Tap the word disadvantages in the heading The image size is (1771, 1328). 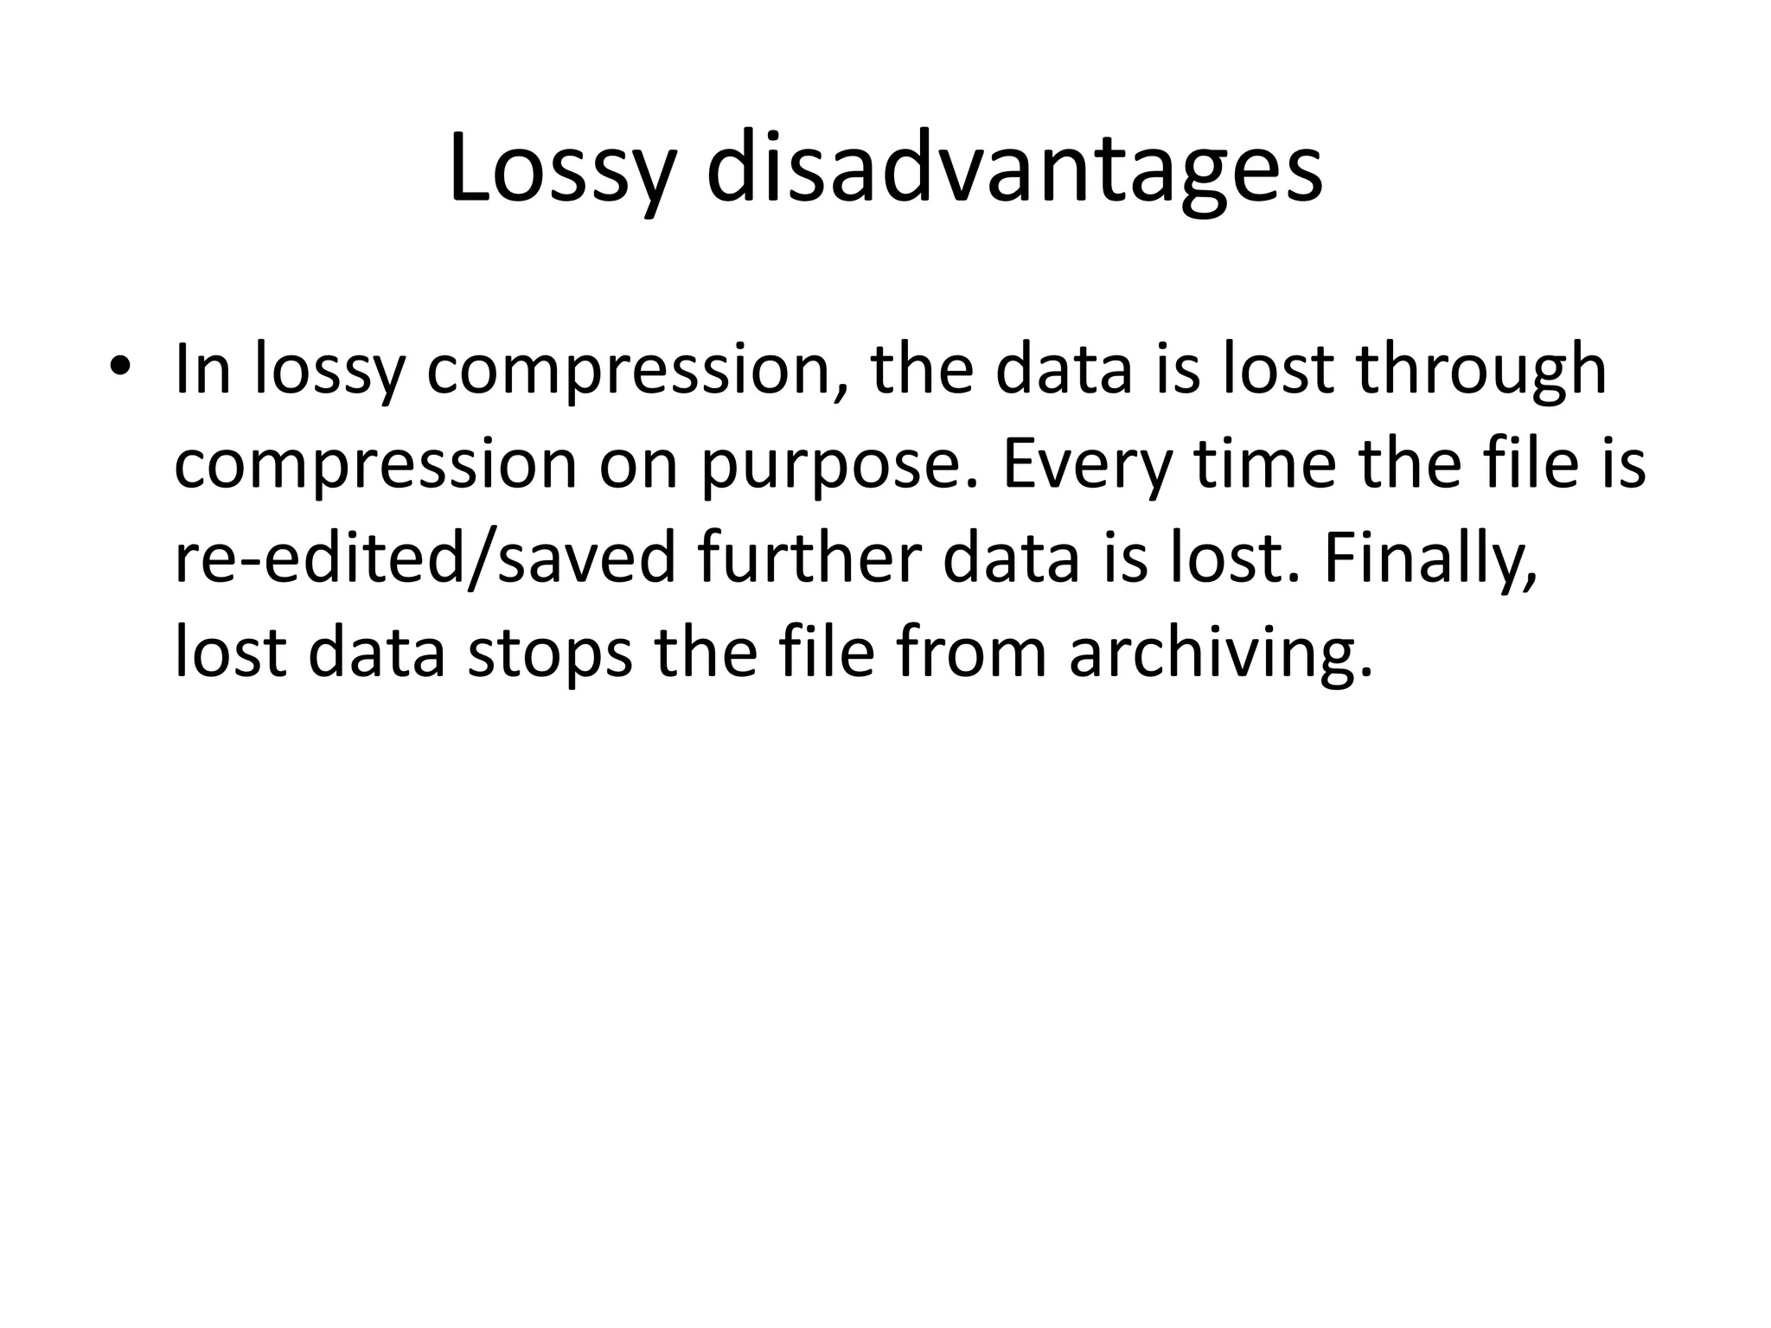1013,169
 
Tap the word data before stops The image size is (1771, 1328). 376,653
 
